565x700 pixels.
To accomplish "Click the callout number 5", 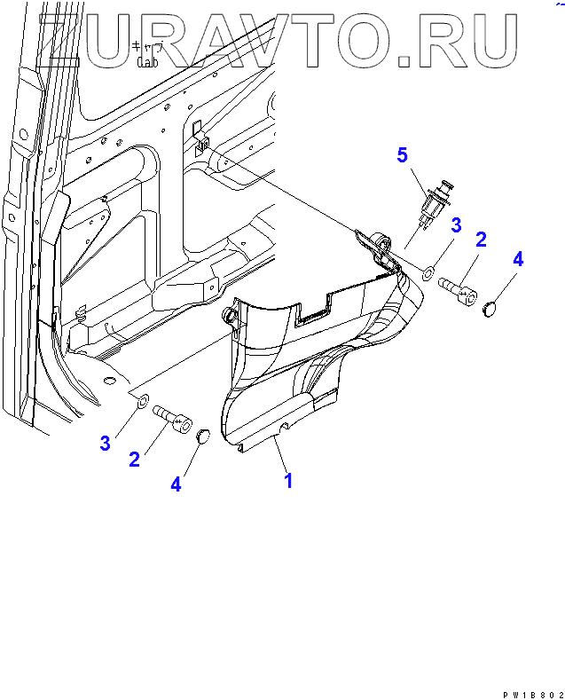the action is click(x=402, y=156).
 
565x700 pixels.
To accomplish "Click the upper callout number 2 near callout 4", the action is click(x=481, y=239).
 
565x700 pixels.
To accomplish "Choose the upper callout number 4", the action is click(x=518, y=259).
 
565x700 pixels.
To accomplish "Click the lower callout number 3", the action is click(x=105, y=443).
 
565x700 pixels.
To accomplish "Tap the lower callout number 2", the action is click(x=134, y=459).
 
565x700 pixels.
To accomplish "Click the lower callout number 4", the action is click(x=176, y=484).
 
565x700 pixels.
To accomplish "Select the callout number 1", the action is click(x=288, y=481).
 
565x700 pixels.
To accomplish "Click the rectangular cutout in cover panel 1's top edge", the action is click(x=312, y=311).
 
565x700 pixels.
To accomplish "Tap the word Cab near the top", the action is click(x=147, y=62).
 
